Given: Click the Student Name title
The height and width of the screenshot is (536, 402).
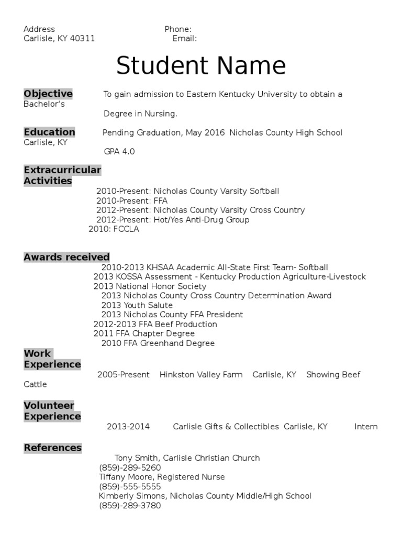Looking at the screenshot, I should click(201, 66).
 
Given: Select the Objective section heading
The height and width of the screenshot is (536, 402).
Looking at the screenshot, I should click(48, 94).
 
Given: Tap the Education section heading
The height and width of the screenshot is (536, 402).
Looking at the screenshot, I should click(49, 132).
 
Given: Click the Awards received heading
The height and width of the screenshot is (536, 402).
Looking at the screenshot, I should click(66, 257).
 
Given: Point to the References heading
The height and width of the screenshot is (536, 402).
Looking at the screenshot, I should click(52, 448).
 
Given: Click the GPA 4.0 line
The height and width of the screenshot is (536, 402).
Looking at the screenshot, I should click(119, 151).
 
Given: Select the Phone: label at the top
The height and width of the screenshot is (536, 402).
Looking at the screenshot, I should click(178, 29).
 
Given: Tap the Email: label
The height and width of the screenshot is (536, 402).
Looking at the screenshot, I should click(184, 39).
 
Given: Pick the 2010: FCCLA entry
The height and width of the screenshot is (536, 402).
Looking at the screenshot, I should click(114, 229).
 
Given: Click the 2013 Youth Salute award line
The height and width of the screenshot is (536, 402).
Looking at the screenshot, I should click(137, 305).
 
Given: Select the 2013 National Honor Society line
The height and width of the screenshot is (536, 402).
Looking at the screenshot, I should click(150, 286).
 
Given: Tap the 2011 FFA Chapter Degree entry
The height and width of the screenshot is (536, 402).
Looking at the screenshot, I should click(144, 333).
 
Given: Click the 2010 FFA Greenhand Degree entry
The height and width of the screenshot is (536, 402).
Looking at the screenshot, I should click(158, 343).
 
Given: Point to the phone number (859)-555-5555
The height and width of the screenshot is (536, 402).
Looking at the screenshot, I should click(130, 486).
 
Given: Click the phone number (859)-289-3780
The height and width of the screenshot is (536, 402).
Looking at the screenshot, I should click(130, 506).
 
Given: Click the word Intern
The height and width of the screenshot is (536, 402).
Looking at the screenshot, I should click(366, 427).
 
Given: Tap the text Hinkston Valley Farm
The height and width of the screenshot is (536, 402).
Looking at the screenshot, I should click(201, 375).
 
